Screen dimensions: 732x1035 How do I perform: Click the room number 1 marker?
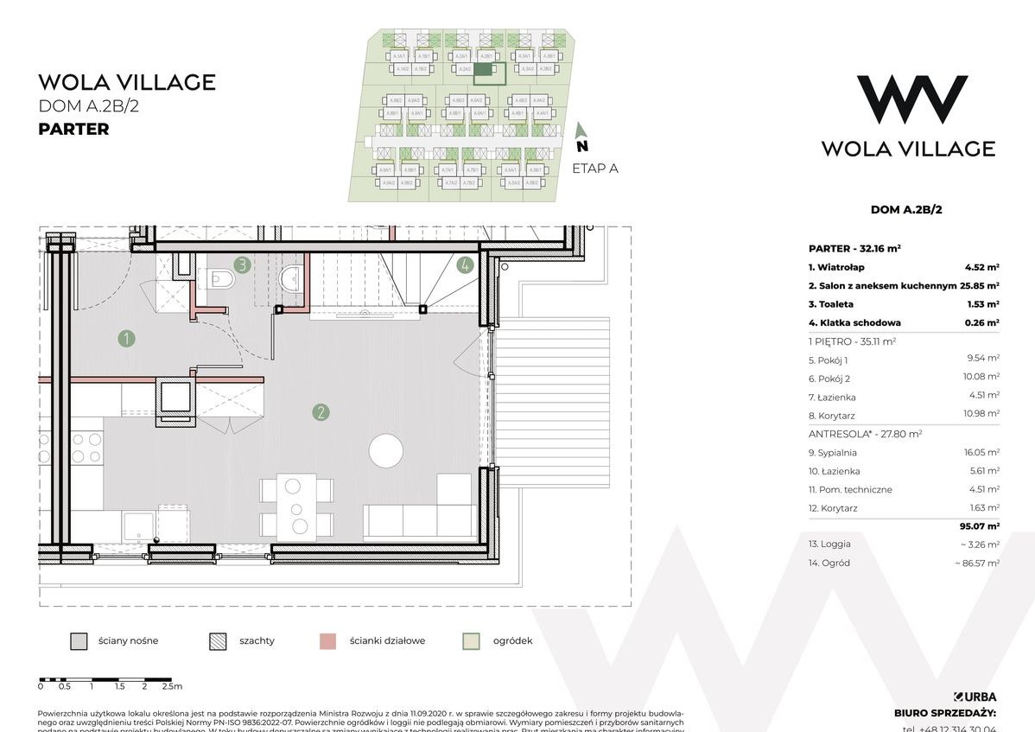coord(127,339)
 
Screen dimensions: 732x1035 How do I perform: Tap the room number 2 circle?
coord(321,412)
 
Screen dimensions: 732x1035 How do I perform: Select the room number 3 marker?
coord(242,265)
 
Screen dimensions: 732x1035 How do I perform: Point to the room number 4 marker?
coord(465,265)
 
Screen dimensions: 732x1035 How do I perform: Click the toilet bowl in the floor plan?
coord(220,279)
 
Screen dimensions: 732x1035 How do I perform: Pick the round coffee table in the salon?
coord(385,451)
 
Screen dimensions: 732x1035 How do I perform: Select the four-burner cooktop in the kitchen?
coord(86,447)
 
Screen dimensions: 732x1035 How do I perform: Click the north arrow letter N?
coord(582,146)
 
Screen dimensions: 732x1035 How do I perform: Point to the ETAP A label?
coord(595,169)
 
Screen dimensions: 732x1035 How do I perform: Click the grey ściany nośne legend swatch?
coord(79,641)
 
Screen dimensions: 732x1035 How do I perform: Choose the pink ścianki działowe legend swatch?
coord(327,641)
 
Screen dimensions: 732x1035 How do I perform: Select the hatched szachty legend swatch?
coord(217,641)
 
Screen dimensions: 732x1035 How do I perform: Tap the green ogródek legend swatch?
coord(471,641)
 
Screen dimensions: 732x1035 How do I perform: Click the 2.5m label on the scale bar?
coord(172,687)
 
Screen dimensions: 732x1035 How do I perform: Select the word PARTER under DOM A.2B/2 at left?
coord(73,130)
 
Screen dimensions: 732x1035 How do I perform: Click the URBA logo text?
coord(975,697)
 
